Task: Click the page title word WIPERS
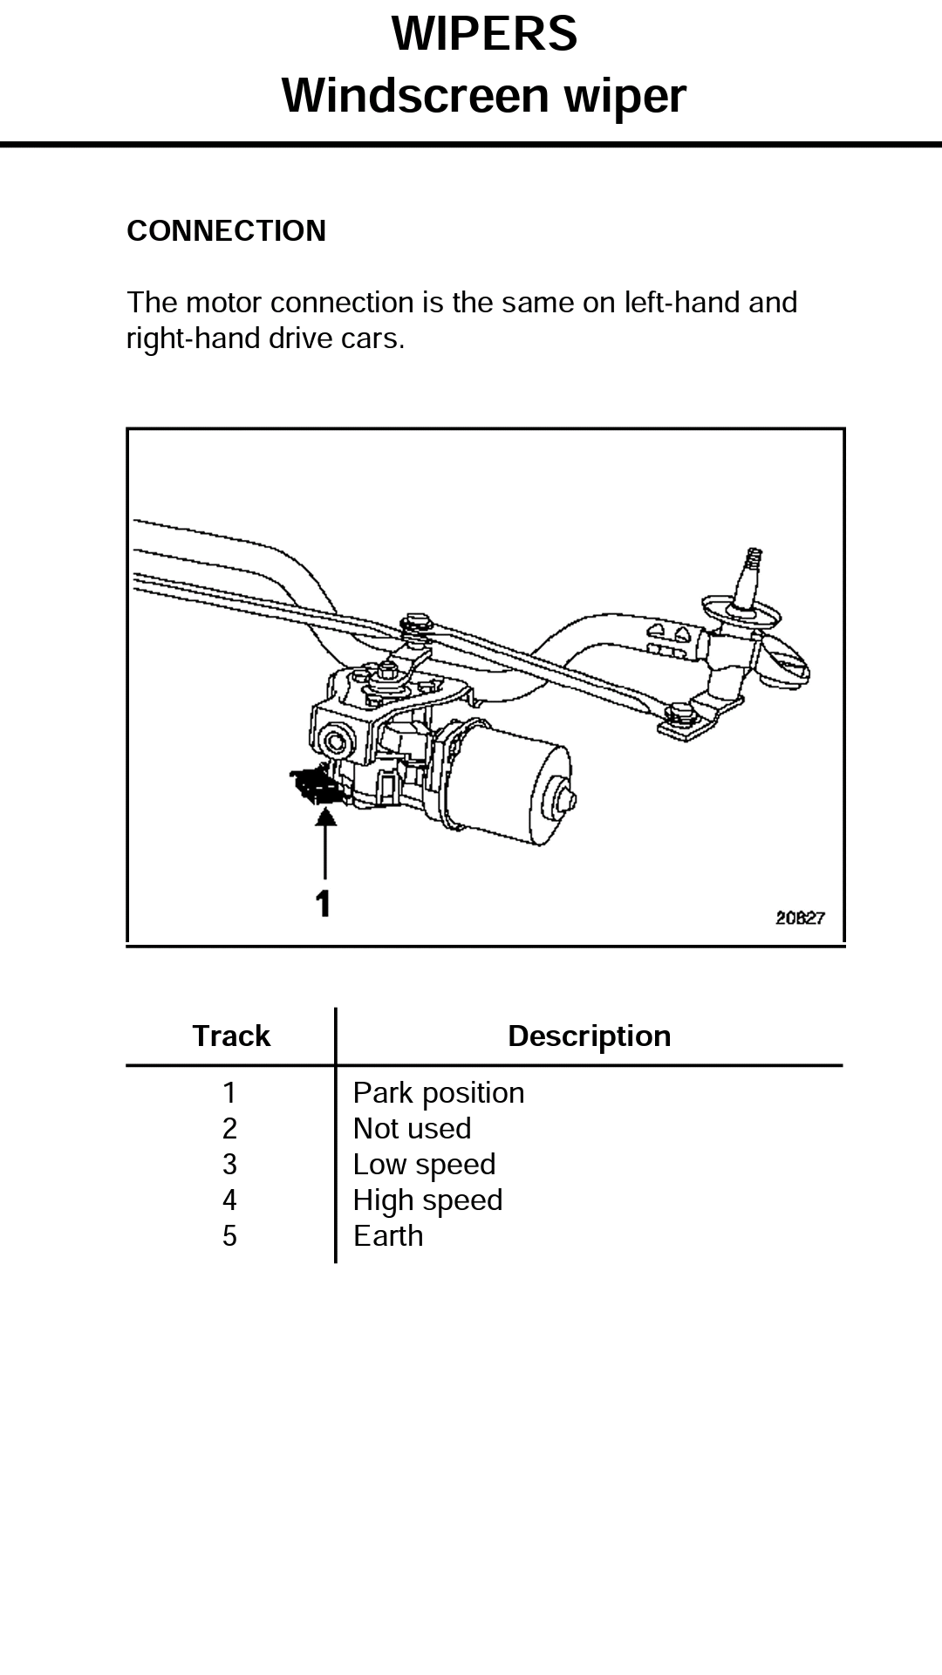click(x=484, y=35)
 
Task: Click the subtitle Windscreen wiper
click(x=484, y=95)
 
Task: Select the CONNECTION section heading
click(x=226, y=231)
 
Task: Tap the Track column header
click(x=231, y=1036)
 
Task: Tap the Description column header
click(x=589, y=1036)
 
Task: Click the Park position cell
click(x=439, y=1093)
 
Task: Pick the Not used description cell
click(x=412, y=1129)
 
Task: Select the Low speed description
click(x=424, y=1165)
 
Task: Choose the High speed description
click(x=427, y=1200)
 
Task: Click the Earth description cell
click(x=388, y=1236)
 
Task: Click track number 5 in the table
click(x=229, y=1236)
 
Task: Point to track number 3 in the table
click(x=229, y=1165)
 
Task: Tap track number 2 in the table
click(x=229, y=1129)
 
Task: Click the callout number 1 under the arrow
click(x=324, y=904)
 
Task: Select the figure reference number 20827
click(x=800, y=918)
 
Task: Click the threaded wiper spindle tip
click(x=751, y=567)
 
